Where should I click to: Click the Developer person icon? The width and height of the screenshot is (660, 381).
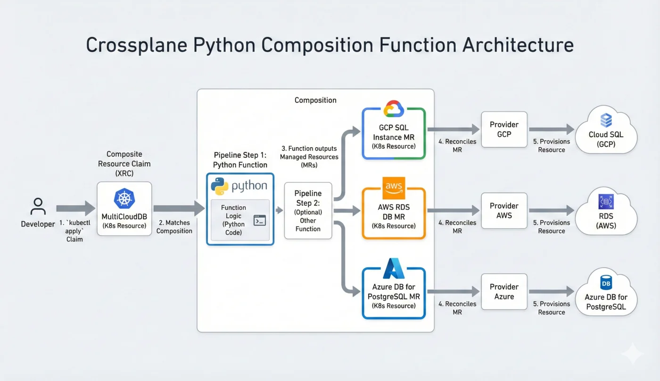click(38, 206)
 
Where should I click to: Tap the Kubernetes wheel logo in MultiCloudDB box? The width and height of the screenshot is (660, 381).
click(124, 198)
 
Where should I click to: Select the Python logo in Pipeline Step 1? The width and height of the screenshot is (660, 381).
click(219, 186)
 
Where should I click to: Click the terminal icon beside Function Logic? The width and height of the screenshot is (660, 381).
click(259, 220)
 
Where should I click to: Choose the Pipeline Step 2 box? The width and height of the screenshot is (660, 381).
click(308, 211)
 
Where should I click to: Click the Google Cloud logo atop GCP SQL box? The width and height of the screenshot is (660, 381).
click(394, 109)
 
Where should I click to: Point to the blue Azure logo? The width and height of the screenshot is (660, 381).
click(394, 268)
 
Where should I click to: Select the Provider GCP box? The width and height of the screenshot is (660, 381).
click(504, 129)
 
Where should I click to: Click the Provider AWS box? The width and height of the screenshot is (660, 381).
click(504, 211)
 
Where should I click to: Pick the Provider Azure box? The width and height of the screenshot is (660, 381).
click(504, 292)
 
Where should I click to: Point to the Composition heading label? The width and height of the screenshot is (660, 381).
click(315, 100)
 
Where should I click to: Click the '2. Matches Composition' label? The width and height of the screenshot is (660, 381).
click(174, 227)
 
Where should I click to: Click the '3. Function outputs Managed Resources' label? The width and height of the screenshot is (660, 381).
click(309, 156)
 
